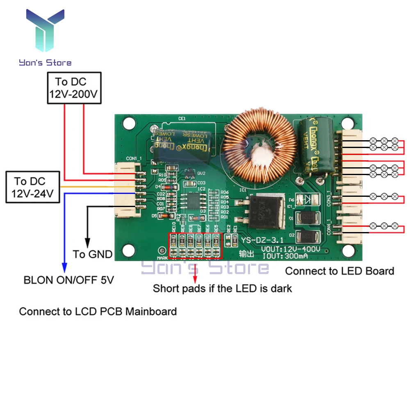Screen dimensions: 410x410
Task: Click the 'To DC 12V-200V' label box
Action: click(x=74, y=88)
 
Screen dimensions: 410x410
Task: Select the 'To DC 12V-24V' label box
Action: click(x=33, y=187)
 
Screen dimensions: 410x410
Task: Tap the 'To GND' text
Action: click(x=93, y=254)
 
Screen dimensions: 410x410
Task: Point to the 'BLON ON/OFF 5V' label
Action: click(x=69, y=280)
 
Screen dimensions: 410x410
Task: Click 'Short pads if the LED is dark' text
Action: click(x=222, y=288)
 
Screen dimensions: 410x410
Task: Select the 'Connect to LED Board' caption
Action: click(x=339, y=271)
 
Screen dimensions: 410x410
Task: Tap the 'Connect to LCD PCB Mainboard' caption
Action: click(x=98, y=312)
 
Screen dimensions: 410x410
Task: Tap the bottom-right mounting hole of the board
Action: click(x=349, y=249)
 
